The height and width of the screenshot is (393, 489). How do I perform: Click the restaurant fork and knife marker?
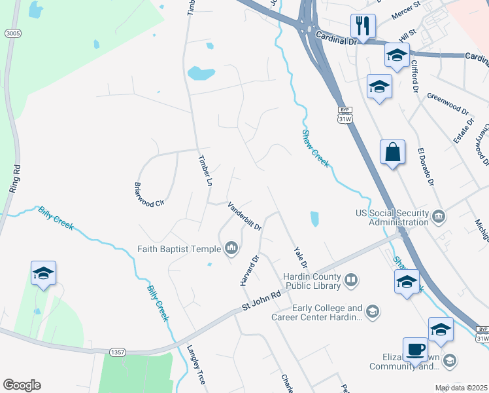pyautogui.click(x=362, y=26)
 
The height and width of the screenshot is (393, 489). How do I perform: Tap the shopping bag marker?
pyautogui.click(x=392, y=153)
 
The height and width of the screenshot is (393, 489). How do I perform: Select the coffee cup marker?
pyautogui.click(x=415, y=350)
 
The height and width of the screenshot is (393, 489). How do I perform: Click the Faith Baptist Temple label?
pyautogui.click(x=179, y=249)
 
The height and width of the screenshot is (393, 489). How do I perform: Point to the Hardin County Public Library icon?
pyautogui.click(x=352, y=281)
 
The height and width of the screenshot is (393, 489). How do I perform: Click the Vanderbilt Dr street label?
pyautogui.click(x=244, y=216)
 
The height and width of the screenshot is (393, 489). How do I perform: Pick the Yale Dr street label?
pyautogui.click(x=300, y=256)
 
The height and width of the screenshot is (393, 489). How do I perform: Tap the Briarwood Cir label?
pyautogui.click(x=148, y=195)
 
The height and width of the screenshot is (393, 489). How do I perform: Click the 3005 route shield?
pyautogui.click(x=11, y=33)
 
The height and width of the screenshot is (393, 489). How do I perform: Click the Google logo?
pyautogui.click(x=22, y=385)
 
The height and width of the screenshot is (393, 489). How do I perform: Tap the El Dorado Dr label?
pyautogui.click(x=426, y=165)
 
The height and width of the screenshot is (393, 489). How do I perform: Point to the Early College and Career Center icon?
pyautogui.click(x=372, y=311)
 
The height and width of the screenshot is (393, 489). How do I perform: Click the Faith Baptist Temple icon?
pyautogui.click(x=230, y=248)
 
